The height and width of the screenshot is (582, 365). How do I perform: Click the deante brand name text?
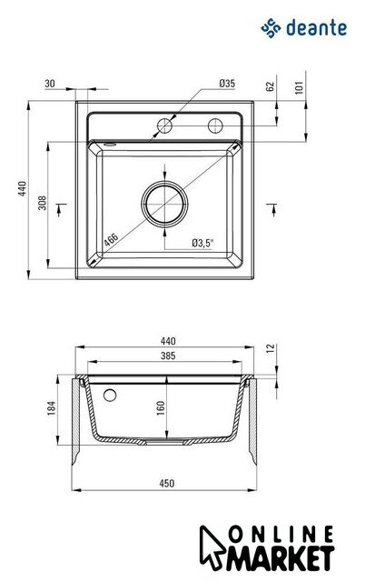click(316, 28)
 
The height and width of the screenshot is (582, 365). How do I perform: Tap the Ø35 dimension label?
click(227, 84)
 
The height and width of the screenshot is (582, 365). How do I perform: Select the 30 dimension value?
click(50, 84)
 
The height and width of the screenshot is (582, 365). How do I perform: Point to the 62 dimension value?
click(271, 86)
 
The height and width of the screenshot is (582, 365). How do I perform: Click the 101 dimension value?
click(300, 87)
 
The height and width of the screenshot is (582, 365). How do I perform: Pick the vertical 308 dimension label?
click(43, 203)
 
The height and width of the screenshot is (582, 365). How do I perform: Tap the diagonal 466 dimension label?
click(111, 240)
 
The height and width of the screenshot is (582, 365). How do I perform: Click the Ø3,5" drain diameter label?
click(203, 243)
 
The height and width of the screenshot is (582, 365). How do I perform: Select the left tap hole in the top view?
click(164, 125)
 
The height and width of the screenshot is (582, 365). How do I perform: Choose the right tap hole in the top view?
click(215, 125)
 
